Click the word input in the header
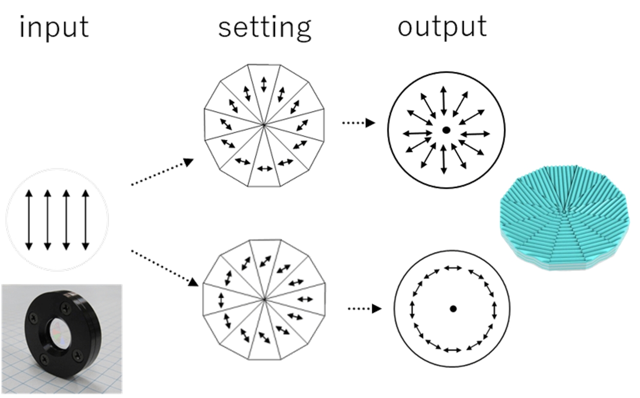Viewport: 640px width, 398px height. [x=53, y=27]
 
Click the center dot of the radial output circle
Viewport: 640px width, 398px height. [x=446, y=131]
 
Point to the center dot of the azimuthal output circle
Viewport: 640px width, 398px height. [x=453, y=309]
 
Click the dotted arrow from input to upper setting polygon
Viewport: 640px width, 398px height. [x=162, y=173]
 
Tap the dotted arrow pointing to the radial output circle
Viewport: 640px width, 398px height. [x=358, y=123]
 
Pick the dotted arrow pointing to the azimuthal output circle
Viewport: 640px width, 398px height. [x=365, y=308]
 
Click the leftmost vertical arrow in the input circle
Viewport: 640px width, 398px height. [x=29, y=219]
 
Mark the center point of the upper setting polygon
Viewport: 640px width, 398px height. [x=264, y=124]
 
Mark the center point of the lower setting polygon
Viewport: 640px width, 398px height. [x=264, y=299]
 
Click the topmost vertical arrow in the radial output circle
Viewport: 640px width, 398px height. [x=443, y=100]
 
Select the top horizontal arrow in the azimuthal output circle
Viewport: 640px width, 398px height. [x=453, y=267]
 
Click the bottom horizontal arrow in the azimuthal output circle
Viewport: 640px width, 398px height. [x=452, y=350]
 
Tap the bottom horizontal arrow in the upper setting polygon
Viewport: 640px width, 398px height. [x=265, y=168]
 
